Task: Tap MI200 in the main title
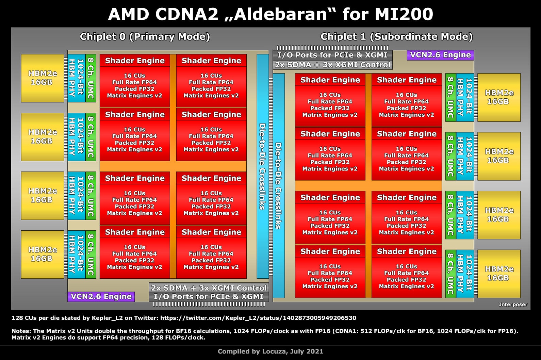tap(404, 14)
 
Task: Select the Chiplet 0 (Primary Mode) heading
tap(145, 37)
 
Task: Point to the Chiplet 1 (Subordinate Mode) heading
tap(396, 37)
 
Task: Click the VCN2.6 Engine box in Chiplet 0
tap(101, 297)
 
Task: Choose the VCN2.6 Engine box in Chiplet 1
tap(440, 55)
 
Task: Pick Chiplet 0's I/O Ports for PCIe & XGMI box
tap(209, 297)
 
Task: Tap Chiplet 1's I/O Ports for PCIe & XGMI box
tap(332, 55)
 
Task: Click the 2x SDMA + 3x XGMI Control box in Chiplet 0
tap(209, 288)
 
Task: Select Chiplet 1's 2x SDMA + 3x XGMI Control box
tap(332, 65)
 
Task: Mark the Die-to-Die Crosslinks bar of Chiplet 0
tap(262, 166)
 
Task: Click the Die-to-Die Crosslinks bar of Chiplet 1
tap(278, 186)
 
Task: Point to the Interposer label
tap(513, 305)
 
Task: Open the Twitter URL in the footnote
tap(258, 318)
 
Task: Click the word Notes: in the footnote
tap(21, 331)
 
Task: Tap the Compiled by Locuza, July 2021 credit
tap(270, 351)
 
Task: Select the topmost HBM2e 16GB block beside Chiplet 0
tap(43, 78)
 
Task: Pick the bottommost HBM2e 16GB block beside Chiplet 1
tap(499, 274)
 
